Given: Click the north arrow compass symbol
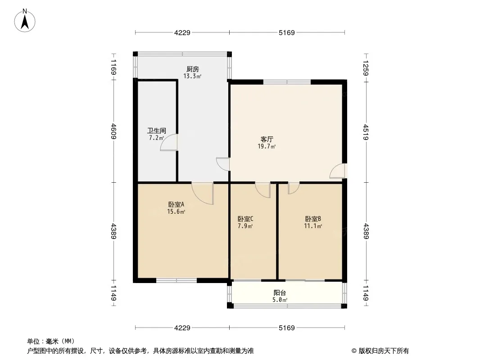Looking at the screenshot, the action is point(25,21).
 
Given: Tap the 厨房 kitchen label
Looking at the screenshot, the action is point(193,69).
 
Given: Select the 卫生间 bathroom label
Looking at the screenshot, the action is point(157,130).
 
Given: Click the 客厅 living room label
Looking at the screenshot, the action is point(267,139).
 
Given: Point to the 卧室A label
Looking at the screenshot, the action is point(177,204).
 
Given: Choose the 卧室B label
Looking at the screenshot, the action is point(313,219).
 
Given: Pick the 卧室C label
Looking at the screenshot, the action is point(245,219).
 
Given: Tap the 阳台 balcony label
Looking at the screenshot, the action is point(280,292).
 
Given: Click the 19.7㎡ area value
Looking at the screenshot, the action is point(267,147).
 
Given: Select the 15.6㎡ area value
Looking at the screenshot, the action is point(177,211).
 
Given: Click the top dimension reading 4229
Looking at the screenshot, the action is point(182,32).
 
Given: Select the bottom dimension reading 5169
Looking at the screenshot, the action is point(286,328).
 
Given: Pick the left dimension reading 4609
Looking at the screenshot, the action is point(113,131).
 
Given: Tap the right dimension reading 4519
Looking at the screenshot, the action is point(366,132).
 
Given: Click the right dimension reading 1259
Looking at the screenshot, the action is point(366,67).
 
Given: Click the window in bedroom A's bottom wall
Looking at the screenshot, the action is point(177,280).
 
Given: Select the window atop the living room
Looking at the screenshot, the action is point(287,82).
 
